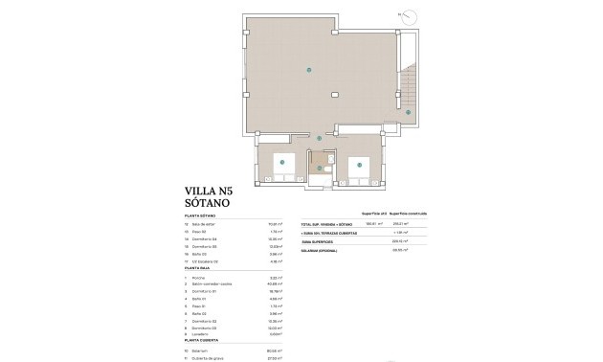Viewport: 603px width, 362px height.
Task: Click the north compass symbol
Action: pos(409,16)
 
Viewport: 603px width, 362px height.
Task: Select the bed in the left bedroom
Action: pos(281,163)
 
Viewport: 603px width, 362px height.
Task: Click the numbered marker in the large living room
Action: pos(308,70)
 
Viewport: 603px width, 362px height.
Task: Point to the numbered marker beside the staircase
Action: pos(408,113)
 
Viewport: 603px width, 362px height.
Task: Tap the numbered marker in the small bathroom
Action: pos(320,168)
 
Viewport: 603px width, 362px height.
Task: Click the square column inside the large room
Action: pos(335,94)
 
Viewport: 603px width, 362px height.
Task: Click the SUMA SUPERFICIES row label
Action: pos(322,242)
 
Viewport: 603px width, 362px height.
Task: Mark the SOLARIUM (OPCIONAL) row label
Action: pos(324,250)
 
